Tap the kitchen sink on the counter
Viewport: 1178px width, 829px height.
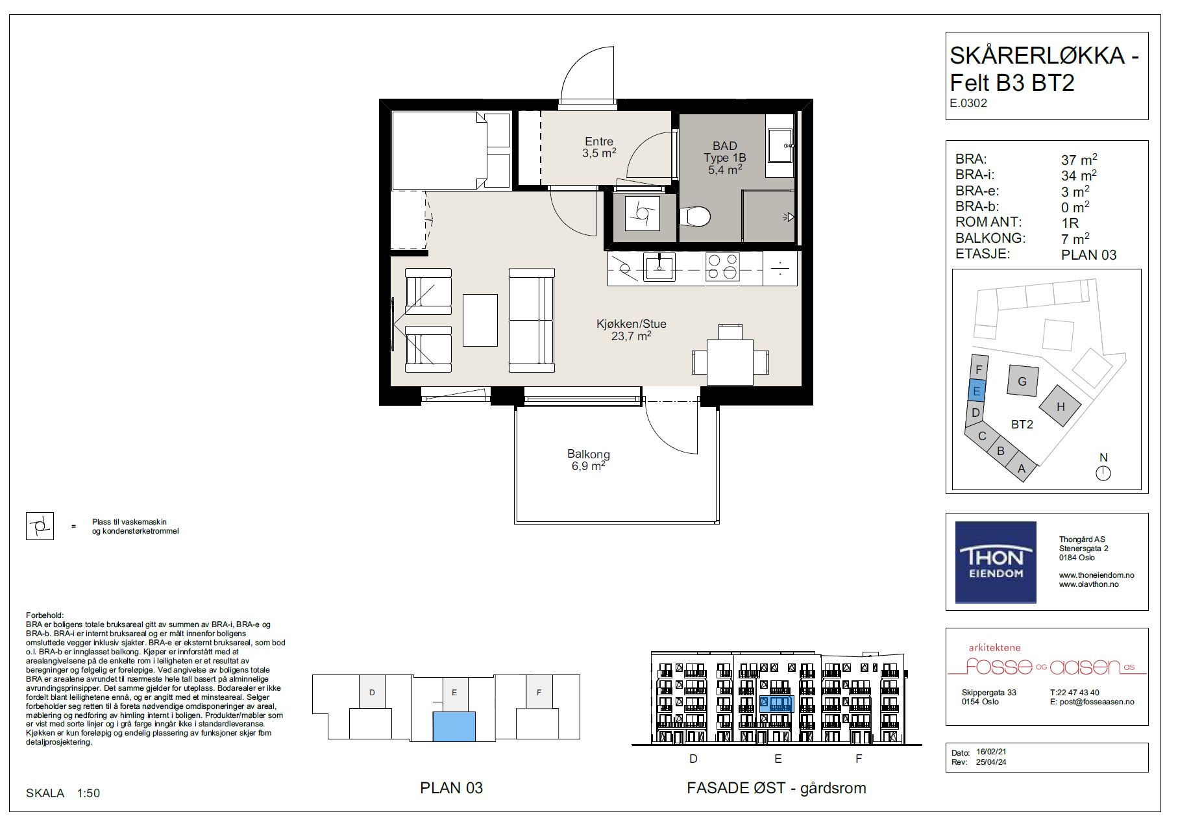[x=659, y=267]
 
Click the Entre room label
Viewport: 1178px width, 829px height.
[x=598, y=147]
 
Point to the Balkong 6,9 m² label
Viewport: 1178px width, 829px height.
[x=589, y=460]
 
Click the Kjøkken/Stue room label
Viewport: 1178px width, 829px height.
[x=632, y=330]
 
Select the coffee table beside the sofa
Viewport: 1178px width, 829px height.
[x=480, y=320]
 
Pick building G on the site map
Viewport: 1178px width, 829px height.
[x=1022, y=381]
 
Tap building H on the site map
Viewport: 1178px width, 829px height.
[x=1061, y=406]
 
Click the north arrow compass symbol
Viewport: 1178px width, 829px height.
[x=1103, y=473]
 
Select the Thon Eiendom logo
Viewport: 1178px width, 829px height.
[x=996, y=562]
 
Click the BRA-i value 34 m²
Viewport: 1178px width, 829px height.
[x=1079, y=175]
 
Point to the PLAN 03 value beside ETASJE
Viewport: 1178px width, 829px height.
[x=1089, y=255]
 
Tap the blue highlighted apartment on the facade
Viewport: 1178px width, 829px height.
[x=777, y=704]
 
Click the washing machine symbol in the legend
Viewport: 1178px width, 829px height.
[x=40, y=526]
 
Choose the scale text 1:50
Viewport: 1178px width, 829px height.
[x=88, y=793]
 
